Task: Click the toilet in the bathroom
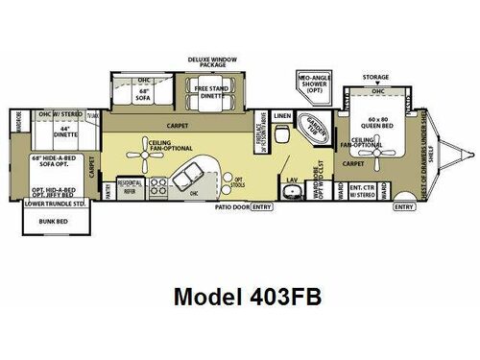(281, 135)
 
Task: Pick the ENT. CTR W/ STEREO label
(361, 191)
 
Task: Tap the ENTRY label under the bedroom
(405, 204)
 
